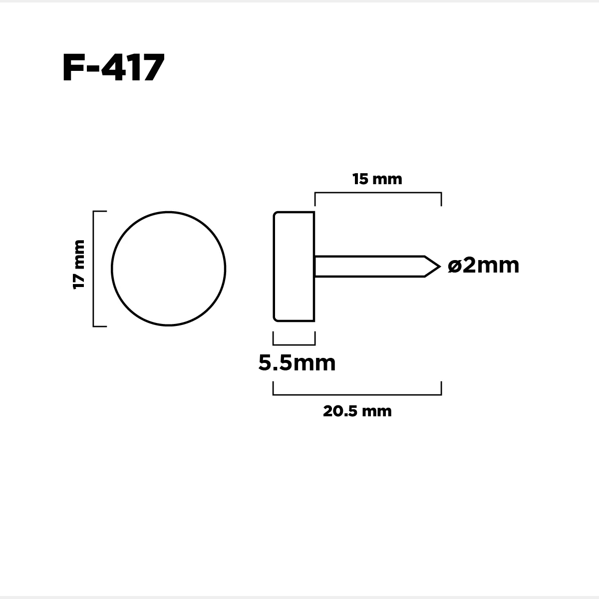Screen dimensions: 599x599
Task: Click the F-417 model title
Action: pos(113,67)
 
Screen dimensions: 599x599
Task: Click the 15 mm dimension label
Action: pos(377,179)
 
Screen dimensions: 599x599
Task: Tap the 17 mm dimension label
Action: pos(79,265)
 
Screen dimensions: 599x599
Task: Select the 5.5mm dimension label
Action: pos(297,363)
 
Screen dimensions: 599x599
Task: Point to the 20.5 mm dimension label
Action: pos(357,411)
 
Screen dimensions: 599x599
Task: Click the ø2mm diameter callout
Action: pos(483,266)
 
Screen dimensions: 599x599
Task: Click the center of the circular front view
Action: pos(169,269)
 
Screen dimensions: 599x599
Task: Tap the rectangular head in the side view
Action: pos(294,267)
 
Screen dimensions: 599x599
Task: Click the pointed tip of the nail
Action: pos(440,267)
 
